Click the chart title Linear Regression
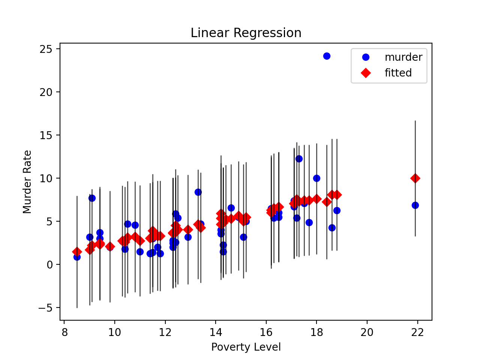point(246,33)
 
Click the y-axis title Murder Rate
point(27,182)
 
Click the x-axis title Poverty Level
point(246,347)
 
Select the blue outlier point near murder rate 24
point(327,56)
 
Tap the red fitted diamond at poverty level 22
point(415,178)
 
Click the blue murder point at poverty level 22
point(415,205)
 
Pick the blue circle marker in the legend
point(366,57)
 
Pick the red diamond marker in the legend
point(366,73)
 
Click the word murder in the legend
point(403,57)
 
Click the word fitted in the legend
point(398,73)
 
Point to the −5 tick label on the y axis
point(46,308)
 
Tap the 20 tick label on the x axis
point(367,332)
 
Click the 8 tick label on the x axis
point(64,332)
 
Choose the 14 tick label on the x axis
point(216,332)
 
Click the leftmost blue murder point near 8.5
point(77,257)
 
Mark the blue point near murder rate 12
point(299,159)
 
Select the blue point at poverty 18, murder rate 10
point(316,178)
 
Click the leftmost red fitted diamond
point(77,252)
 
